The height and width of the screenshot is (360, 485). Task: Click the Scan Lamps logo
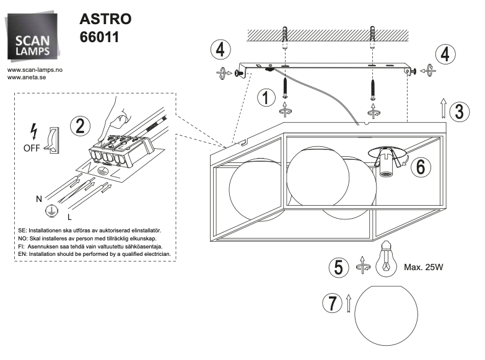[x=35, y=38]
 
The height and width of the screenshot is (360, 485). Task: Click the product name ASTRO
[x=105, y=19]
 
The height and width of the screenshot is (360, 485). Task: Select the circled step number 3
[x=458, y=111]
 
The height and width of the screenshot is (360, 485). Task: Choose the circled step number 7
[x=332, y=304]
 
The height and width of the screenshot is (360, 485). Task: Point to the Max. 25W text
[x=424, y=268]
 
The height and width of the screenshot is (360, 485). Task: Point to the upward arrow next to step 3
[x=444, y=108]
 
